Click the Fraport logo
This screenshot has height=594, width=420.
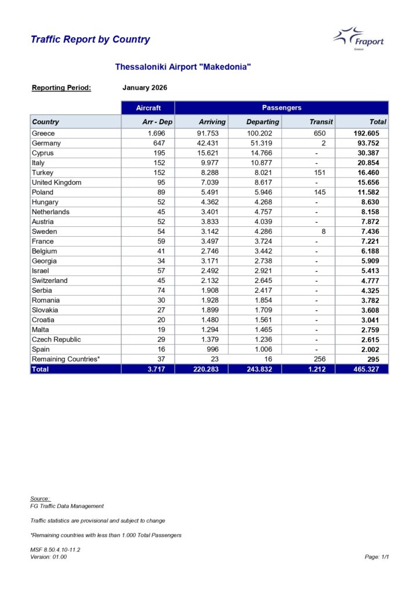pos(358,39)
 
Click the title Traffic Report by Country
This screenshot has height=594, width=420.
pos(90,39)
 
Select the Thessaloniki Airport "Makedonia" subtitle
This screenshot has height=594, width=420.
pos(183,67)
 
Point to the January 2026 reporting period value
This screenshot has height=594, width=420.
pos(145,88)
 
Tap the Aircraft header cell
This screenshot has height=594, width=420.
pos(147,108)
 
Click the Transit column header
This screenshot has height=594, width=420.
pos(321,122)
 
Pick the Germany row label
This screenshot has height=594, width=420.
pos(46,143)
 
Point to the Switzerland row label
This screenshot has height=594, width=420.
pos(50,281)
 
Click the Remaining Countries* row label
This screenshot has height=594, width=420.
pos(66,359)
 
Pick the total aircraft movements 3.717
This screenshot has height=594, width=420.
pos(156,369)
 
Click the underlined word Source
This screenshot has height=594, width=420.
pos(40,499)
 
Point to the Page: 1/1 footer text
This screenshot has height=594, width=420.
pos(376,557)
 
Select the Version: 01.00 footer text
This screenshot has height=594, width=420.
pos(49,557)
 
